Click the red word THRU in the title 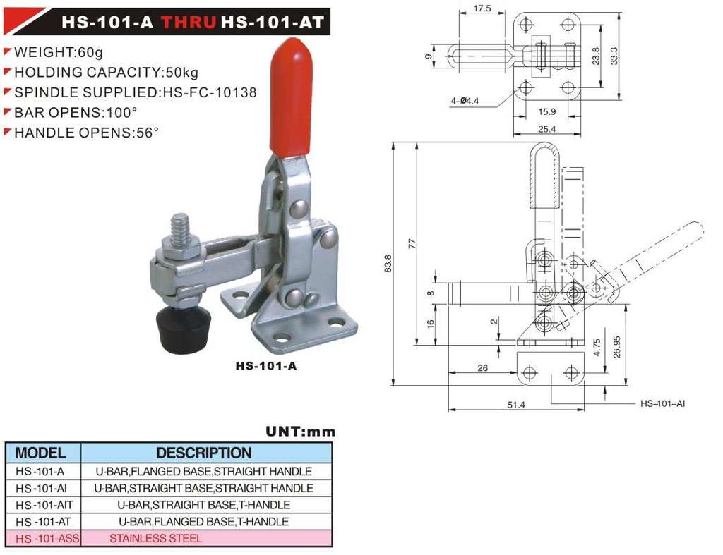(x=188, y=22)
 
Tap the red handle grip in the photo (x=290, y=97)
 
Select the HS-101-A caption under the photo (x=266, y=366)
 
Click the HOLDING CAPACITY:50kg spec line (x=106, y=73)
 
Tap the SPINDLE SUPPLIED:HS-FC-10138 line (x=135, y=92)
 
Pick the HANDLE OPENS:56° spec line (x=86, y=133)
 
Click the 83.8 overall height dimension (x=388, y=264)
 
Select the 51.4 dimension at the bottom (x=516, y=405)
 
